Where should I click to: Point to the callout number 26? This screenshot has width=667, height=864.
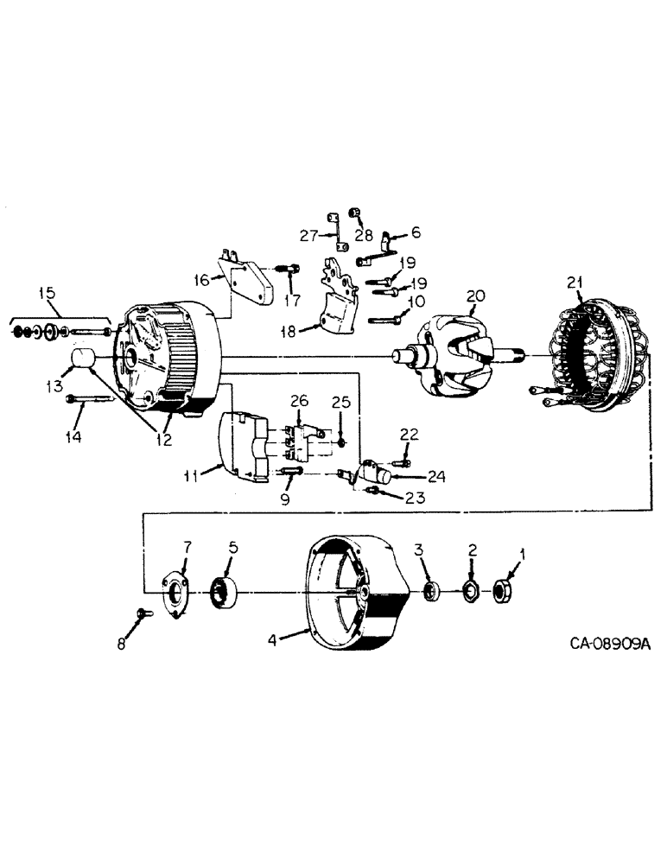pos(298,400)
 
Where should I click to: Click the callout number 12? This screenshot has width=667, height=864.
pos(163,439)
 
